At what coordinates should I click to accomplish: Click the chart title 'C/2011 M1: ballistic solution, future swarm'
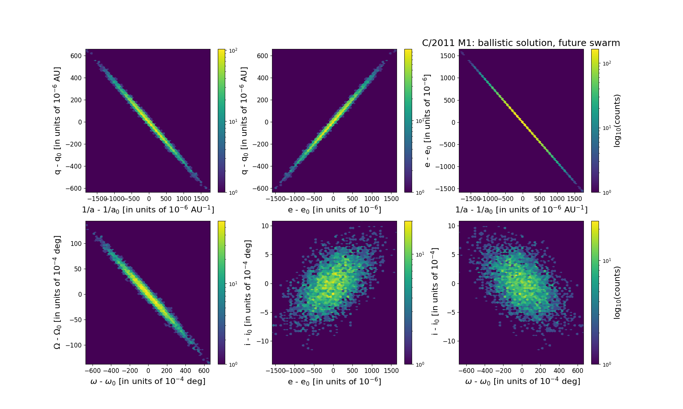pyautogui.click(x=521, y=43)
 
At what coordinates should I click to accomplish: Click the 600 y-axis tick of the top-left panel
pyautogui.click(x=76, y=56)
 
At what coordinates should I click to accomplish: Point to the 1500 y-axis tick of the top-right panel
pyautogui.click(x=447, y=56)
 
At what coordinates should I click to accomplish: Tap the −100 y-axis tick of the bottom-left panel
pyautogui.click(x=74, y=345)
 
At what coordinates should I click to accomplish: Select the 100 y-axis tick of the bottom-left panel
pyautogui.click(x=76, y=243)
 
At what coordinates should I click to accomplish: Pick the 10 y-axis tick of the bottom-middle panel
pyautogui.click(x=265, y=226)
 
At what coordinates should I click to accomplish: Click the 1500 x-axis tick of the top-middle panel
pyautogui.click(x=391, y=199)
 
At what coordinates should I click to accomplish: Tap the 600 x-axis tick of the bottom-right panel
pyautogui.click(x=578, y=371)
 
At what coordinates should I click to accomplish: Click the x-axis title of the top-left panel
pyautogui.click(x=148, y=209)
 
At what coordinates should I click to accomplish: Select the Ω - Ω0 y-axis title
pyautogui.click(x=57, y=293)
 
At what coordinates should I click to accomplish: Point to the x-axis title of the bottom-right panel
pyautogui.click(x=522, y=381)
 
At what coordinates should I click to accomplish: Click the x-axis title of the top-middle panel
pyautogui.click(x=334, y=209)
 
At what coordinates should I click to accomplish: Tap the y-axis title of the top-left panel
pyautogui.click(x=57, y=120)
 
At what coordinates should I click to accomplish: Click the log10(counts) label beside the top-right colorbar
pyautogui.click(x=617, y=121)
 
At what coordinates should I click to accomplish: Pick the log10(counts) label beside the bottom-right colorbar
pyautogui.click(x=617, y=293)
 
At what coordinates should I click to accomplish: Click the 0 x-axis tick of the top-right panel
pyautogui.click(x=522, y=199)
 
